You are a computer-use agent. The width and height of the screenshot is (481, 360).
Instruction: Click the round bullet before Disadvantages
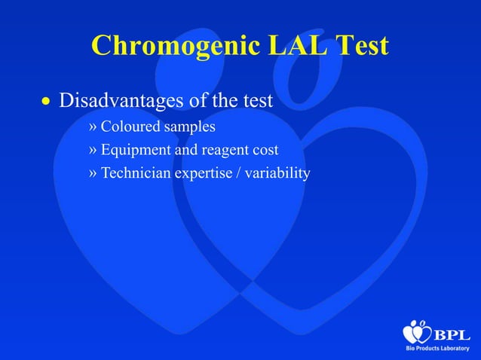45,101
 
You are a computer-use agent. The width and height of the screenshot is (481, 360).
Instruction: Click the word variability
280,173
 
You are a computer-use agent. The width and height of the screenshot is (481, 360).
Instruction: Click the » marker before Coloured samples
93,126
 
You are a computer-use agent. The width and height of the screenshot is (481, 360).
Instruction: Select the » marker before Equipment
93,150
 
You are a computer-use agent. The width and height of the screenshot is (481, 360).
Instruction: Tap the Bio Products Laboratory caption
437,350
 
